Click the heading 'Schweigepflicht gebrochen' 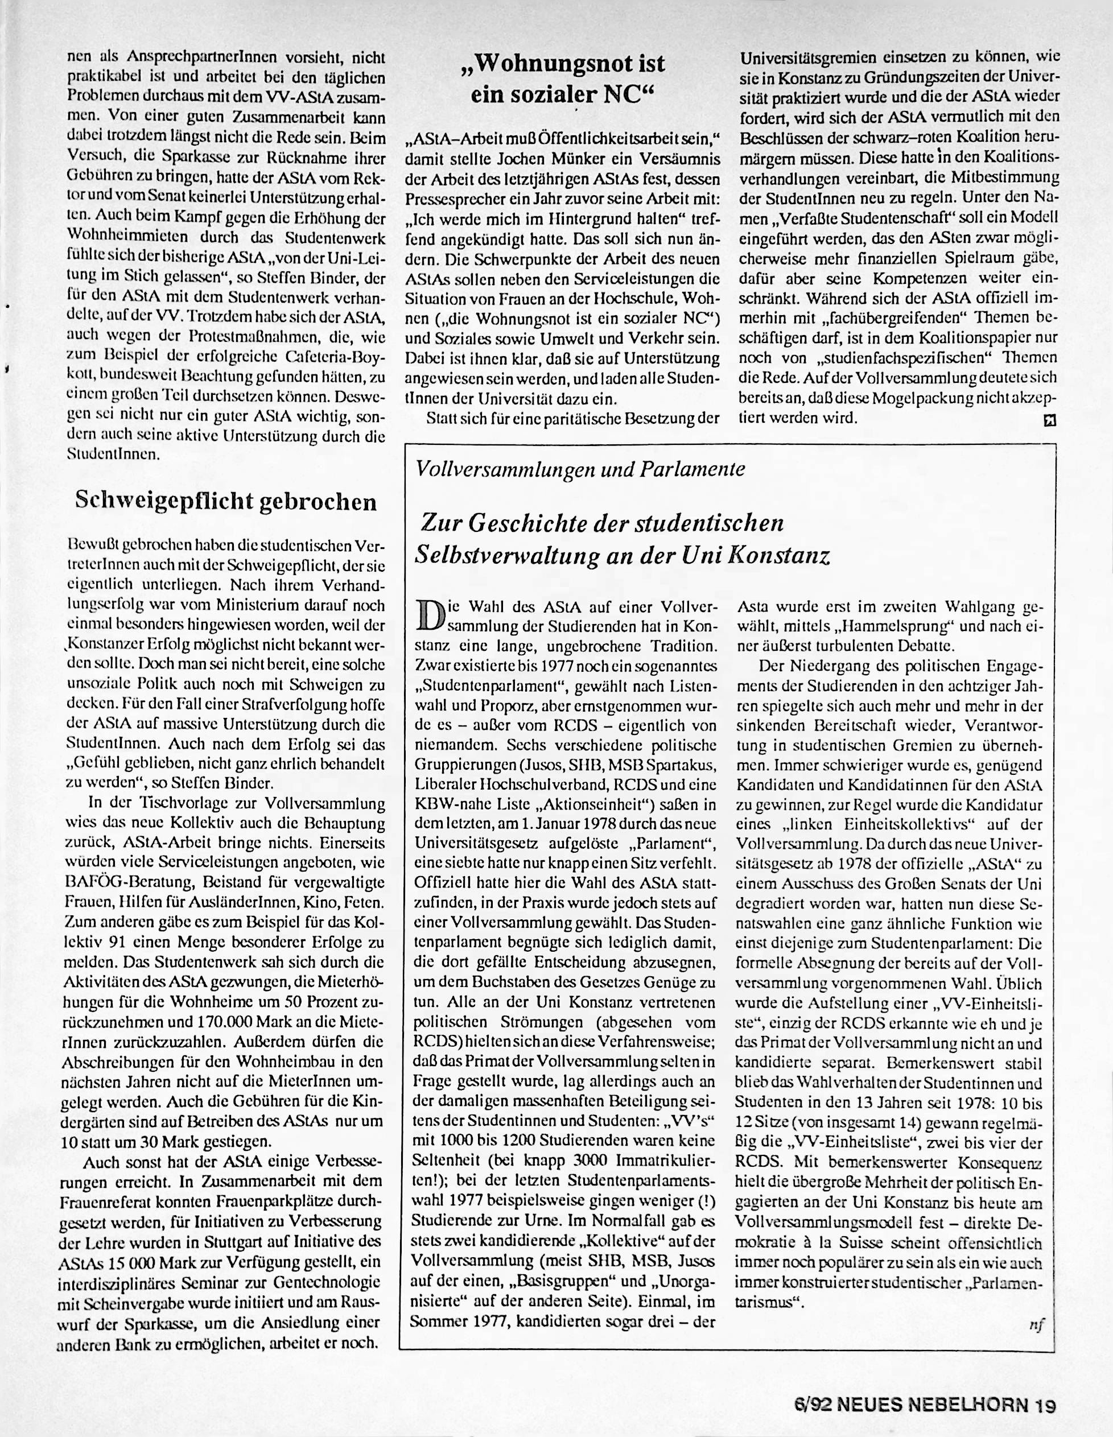pos(226,501)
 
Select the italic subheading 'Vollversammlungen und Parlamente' pos(580,469)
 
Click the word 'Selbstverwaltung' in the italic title pos(512,556)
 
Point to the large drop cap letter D pos(428,614)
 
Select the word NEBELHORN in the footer pos(969,1402)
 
